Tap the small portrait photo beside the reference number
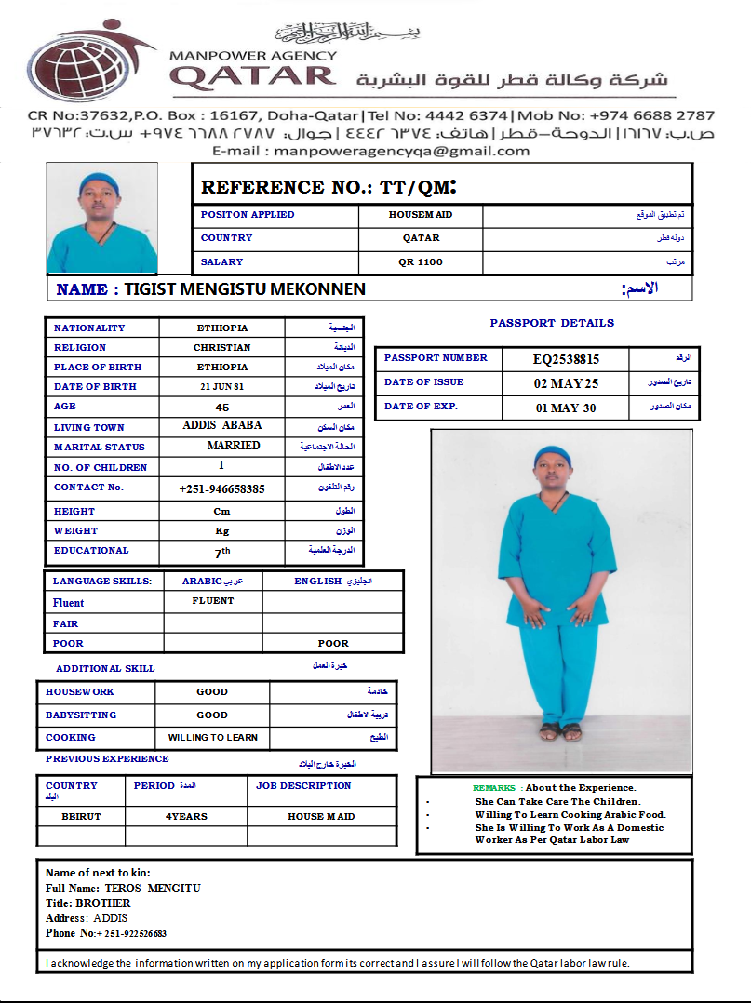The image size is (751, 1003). click(102, 219)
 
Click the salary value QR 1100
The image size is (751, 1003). click(421, 262)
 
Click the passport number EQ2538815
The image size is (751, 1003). click(566, 359)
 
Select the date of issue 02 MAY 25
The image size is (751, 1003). click(566, 383)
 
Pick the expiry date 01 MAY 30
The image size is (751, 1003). click(566, 408)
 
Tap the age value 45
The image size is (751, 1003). click(221, 407)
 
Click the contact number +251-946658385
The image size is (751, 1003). click(221, 488)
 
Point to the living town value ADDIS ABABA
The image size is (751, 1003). click(222, 425)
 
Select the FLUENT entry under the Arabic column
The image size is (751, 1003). click(213, 601)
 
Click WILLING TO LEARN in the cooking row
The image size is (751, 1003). click(212, 738)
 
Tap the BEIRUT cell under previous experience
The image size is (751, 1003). click(81, 816)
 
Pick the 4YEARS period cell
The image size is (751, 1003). click(186, 816)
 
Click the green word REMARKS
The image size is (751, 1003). click(493, 788)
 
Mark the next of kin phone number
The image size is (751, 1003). click(131, 933)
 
